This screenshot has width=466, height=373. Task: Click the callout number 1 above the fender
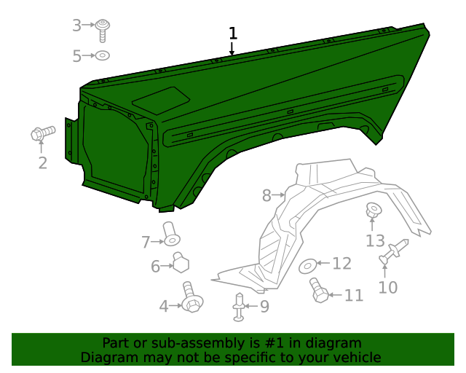coord(233,34)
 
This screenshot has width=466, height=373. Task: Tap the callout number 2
coord(43,162)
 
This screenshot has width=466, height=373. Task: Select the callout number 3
coord(77,26)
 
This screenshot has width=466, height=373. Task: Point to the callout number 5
coord(77,55)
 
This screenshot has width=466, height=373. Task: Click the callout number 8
coord(266,195)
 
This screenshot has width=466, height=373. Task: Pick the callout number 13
coord(375,240)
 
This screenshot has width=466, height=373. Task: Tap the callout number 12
coord(341,264)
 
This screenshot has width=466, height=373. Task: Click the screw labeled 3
coord(104,29)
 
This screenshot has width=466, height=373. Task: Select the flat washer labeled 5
coord(103,55)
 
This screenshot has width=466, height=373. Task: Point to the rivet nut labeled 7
coord(170,234)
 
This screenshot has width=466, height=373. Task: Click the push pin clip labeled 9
coord(239,307)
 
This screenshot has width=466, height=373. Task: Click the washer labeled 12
coord(308,264)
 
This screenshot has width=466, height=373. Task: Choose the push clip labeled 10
coord(394,252)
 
